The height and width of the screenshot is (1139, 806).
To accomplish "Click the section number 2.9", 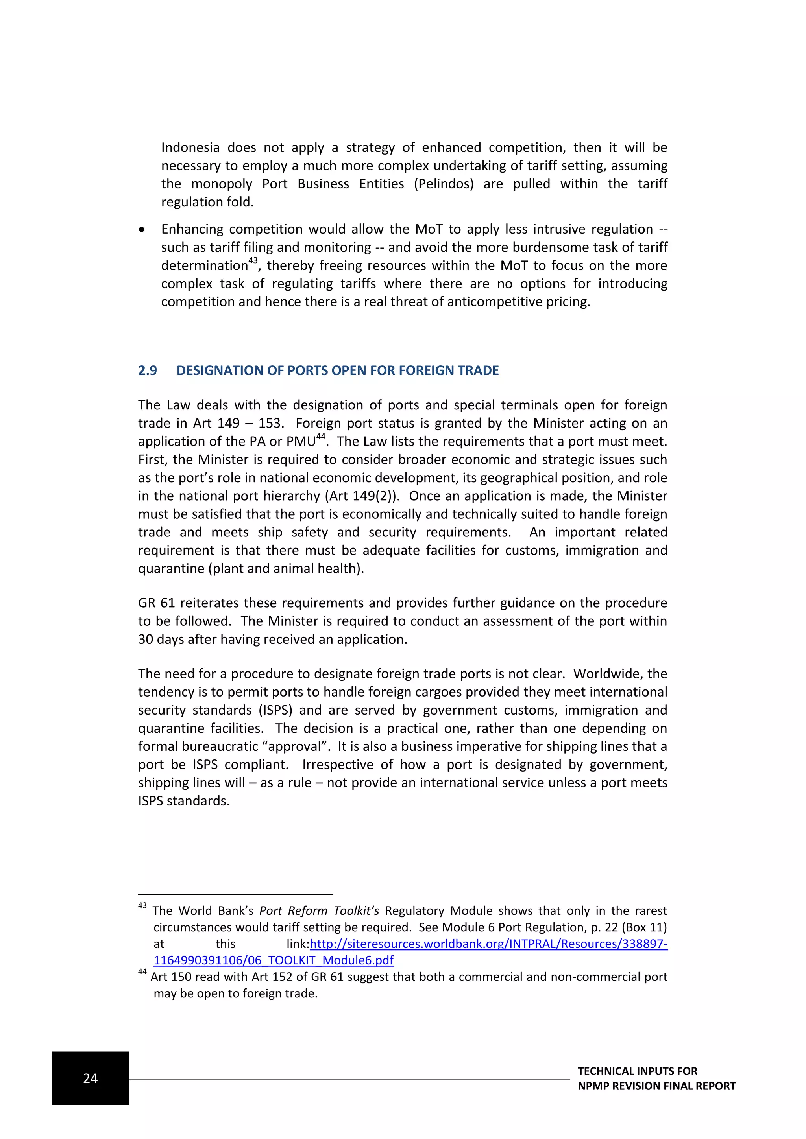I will click(x=148, y=370).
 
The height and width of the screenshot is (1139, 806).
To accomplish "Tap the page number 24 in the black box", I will click(x=91, y=1078).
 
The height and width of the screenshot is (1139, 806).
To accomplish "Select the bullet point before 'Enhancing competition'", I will click(x=142, y=230).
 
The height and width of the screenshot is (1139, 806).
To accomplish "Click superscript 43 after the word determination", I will click(x=253, y=260).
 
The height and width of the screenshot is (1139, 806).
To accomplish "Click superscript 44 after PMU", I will click(x=321, y=437).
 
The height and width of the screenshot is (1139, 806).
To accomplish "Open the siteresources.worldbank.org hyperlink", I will click(x=488, y=944).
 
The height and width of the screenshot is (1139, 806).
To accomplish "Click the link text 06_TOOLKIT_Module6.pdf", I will click(x=273, y=960).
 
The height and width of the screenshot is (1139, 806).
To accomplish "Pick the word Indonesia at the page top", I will click(x=190, y=148).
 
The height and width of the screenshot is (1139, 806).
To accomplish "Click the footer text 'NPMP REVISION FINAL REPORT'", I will click(x=656, y=1086).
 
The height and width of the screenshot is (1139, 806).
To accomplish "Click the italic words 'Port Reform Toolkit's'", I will click(x=319, y=911).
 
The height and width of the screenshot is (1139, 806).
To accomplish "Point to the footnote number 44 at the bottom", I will click(x=142, y=972).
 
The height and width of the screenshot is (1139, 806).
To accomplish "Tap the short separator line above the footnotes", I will click(x=235, y=894).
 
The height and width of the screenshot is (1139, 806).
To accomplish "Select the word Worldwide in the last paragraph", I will click(x=606, y=674).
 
